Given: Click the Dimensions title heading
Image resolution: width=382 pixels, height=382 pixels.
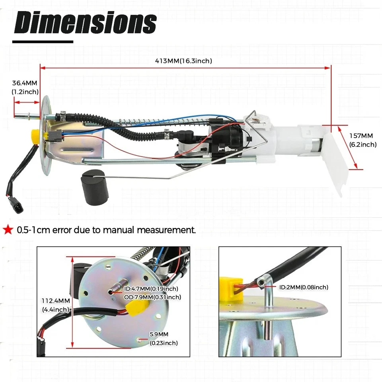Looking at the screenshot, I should [85, 23].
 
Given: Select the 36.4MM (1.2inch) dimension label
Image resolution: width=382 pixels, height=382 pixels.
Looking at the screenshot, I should [25, 88].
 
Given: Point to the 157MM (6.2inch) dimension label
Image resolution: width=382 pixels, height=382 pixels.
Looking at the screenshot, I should [363, 140].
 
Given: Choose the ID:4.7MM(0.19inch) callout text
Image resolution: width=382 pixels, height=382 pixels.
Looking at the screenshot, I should [151, 289].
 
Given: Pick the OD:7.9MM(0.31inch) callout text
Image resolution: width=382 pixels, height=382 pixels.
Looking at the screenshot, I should [152, 297].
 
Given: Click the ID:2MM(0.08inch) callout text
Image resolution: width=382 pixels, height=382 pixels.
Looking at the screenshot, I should [304, 287].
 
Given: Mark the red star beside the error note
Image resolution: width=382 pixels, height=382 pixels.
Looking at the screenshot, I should [7, 230].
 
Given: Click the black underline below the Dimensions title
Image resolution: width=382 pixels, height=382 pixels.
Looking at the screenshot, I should [44, 41].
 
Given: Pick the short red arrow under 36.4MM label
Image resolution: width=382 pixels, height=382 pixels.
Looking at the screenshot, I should [27, 102].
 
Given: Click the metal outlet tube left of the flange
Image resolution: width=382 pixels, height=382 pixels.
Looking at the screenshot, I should [27, 116].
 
